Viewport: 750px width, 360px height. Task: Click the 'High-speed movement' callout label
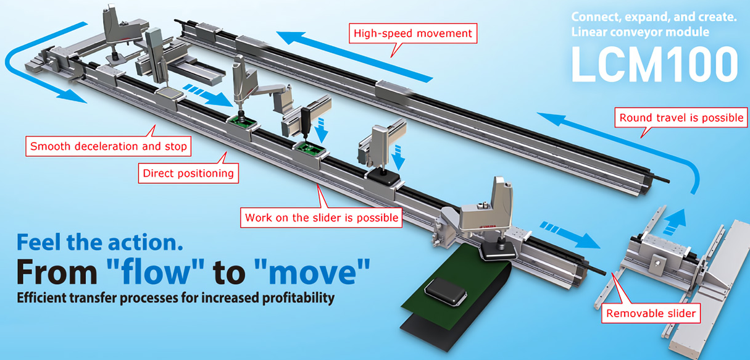(x=412, y=33)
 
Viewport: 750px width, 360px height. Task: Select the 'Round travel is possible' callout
(x=681, y=117)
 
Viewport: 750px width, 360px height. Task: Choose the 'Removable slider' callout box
(x=651, y=314)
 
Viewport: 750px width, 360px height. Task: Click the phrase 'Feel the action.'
(x=100, y=241)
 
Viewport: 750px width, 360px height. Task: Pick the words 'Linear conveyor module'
(x=640, y=31)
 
